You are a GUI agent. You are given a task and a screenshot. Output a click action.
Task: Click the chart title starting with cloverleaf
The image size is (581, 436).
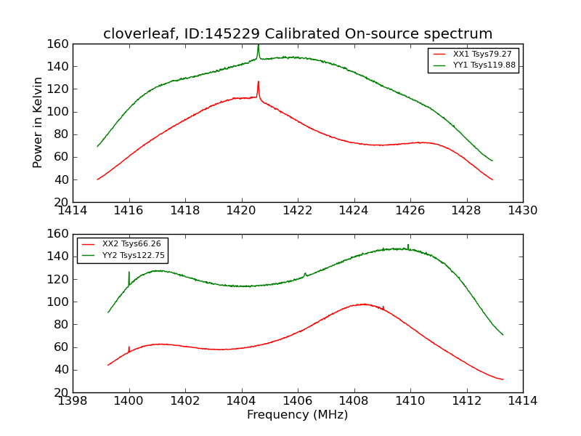tap(298, 34)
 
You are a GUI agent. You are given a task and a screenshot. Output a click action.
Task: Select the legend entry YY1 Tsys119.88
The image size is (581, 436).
tap(484, 65)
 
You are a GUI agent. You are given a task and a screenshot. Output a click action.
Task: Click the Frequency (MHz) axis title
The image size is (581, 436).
tap(298, 415)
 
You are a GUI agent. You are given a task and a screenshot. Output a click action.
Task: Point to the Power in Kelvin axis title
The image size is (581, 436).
tap(38, 123)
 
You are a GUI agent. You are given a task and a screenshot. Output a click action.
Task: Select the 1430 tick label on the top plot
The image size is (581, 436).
tap(522, 211)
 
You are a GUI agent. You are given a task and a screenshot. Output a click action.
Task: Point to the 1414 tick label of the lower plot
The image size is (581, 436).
tap(522, 401)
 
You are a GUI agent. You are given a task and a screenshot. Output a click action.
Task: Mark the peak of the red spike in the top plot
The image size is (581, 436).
tap(258, 82)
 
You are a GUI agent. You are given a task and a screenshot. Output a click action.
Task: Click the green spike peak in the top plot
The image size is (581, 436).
tap(258, 46)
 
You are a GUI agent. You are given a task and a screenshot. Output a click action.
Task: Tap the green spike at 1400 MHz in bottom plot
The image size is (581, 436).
tap(129, 272)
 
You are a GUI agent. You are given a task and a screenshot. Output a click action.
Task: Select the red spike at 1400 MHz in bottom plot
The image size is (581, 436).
tap(129, 347)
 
